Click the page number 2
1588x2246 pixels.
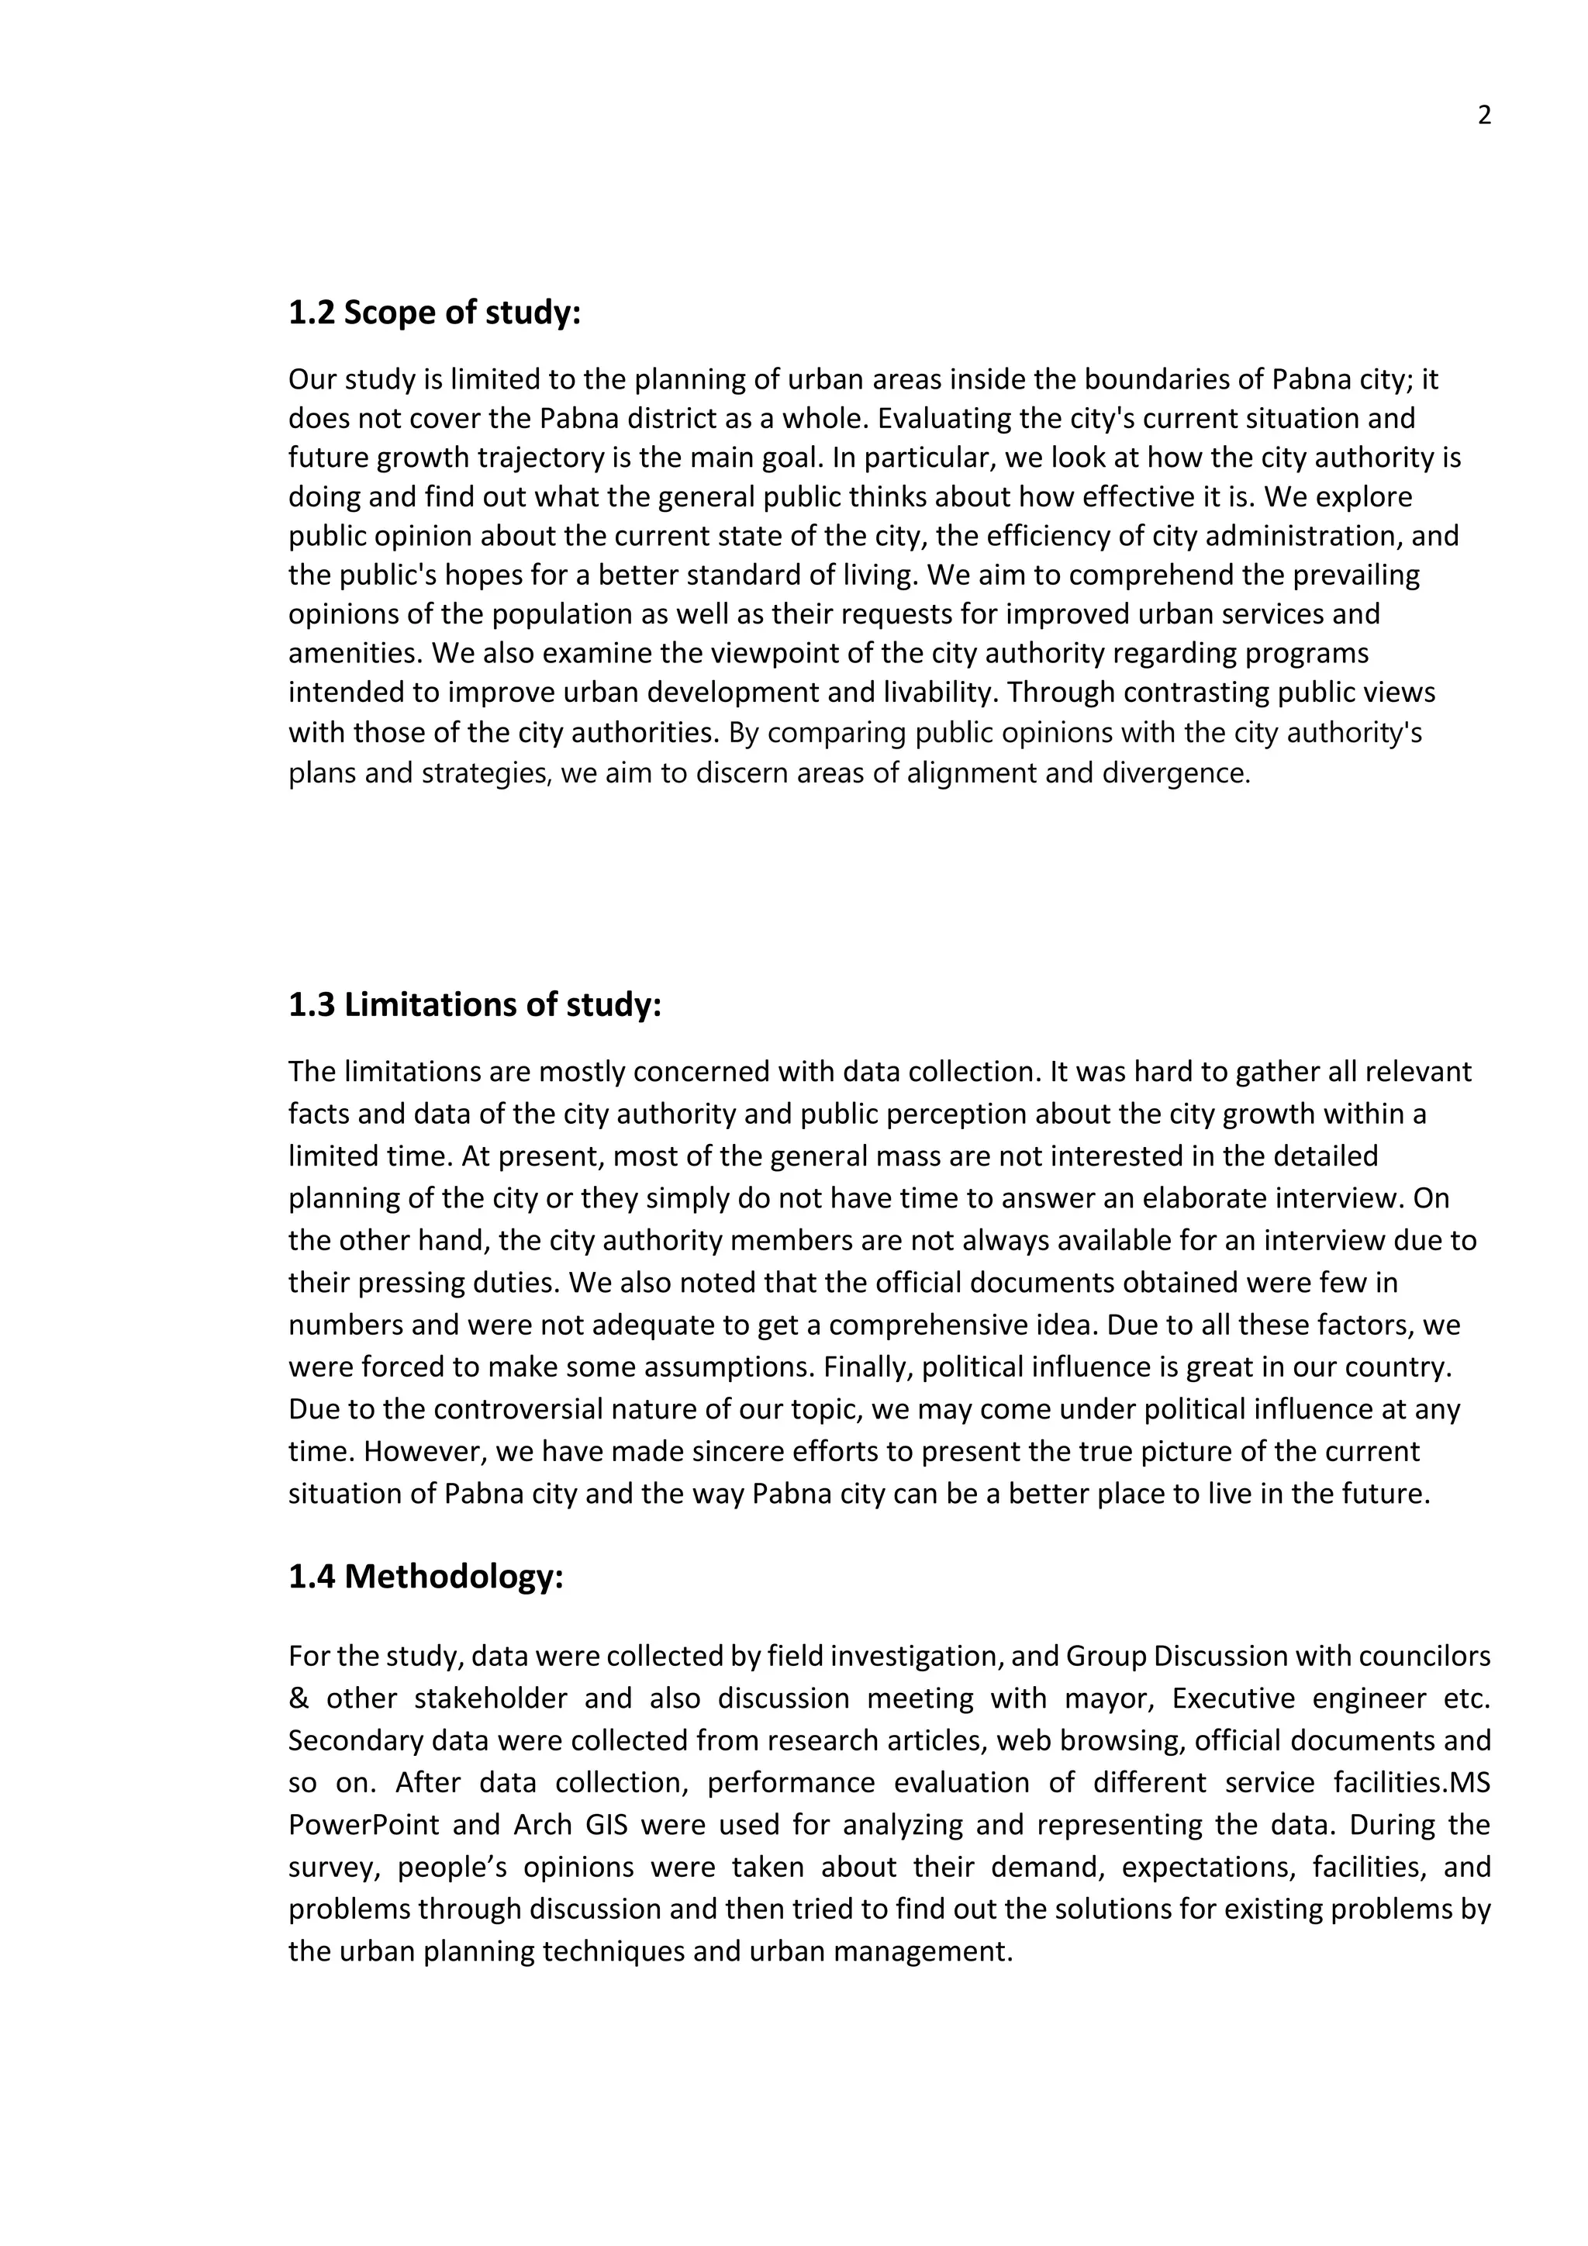pos(1483,116)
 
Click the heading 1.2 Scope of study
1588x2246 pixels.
pos(434,313)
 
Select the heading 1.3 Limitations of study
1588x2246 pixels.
pos(475,1004)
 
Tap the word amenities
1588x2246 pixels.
pos(355,654)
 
